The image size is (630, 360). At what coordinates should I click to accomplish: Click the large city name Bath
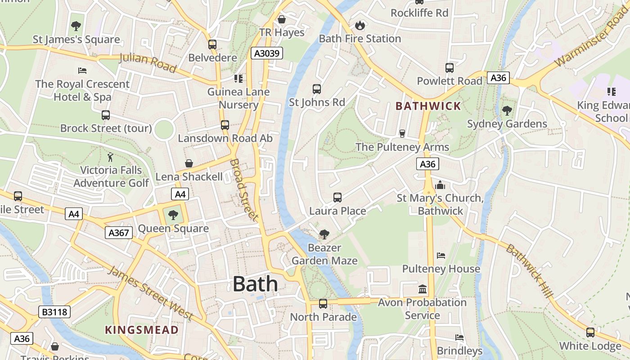255,284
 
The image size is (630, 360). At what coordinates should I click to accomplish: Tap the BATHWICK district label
428,106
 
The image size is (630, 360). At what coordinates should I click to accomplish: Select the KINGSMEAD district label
142,330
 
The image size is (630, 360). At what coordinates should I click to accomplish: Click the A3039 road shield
267,54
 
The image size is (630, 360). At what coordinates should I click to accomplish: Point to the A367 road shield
119,233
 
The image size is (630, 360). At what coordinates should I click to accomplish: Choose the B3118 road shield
55,312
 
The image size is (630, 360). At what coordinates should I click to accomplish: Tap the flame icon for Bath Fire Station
360,25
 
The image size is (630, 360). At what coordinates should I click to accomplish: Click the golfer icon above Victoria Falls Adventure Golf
111,157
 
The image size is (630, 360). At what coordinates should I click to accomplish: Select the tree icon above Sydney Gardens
507,110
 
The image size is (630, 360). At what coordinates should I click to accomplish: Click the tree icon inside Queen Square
173,215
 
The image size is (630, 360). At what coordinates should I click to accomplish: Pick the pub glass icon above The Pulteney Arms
402,134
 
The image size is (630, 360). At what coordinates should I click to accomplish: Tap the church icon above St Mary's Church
440,185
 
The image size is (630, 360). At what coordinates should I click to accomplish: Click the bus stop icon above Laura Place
337,198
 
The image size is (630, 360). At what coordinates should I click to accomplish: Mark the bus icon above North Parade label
323,304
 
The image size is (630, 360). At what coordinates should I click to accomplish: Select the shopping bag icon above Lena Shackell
189,163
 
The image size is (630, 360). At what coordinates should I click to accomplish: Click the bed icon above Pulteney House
441,256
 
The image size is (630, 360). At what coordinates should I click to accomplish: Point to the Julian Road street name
147,63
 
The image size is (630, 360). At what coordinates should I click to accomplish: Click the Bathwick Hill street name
530,270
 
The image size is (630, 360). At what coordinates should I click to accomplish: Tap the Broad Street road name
244,189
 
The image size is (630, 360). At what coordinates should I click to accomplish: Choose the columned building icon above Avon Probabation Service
422,289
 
